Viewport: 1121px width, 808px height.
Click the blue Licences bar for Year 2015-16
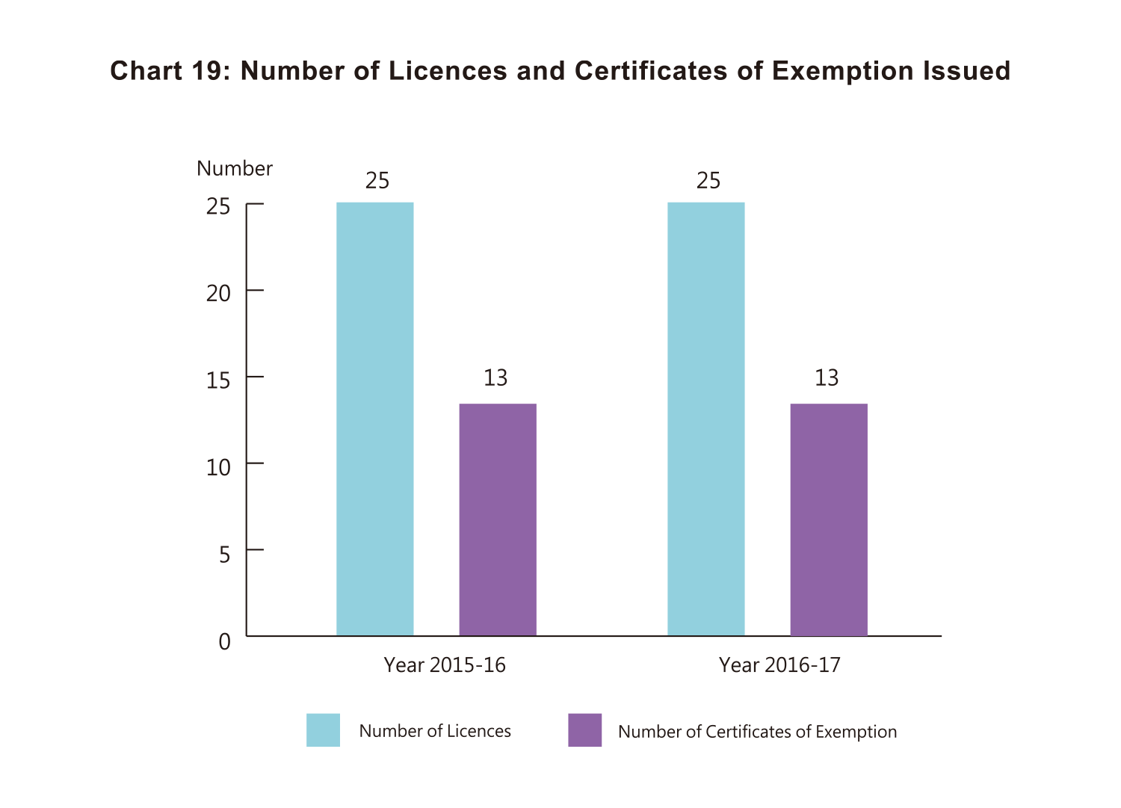coord(374,419)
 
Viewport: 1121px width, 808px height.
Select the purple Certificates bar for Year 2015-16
coord(497,519)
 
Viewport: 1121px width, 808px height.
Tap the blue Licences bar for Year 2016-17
coord(705,419)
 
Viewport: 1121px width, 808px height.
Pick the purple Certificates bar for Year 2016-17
coord(828,519)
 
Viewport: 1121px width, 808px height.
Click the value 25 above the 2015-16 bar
coord(377,181)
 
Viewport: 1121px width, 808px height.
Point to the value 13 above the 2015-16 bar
coord(495,378)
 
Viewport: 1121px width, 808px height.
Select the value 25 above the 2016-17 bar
coord(708,181)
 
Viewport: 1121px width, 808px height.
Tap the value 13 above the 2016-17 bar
coord(827,378)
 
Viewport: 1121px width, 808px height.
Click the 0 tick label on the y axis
coord(224,641)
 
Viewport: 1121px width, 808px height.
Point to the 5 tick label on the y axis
coord(224,555)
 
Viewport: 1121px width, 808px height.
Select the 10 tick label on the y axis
coord(219,468)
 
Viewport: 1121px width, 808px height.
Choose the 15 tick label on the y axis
coord(219,380)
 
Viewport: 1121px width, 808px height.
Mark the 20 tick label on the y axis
coord(219,294)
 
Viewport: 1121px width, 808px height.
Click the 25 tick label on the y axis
coord(219,206)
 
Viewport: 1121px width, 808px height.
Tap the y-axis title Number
coord(235,169)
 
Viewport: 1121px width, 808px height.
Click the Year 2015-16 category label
coord(445,664)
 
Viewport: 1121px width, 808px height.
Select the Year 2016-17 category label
coord(779,664)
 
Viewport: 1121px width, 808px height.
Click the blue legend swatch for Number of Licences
coord(323,730)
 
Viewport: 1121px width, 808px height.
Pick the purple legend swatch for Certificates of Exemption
coord(584,730)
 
